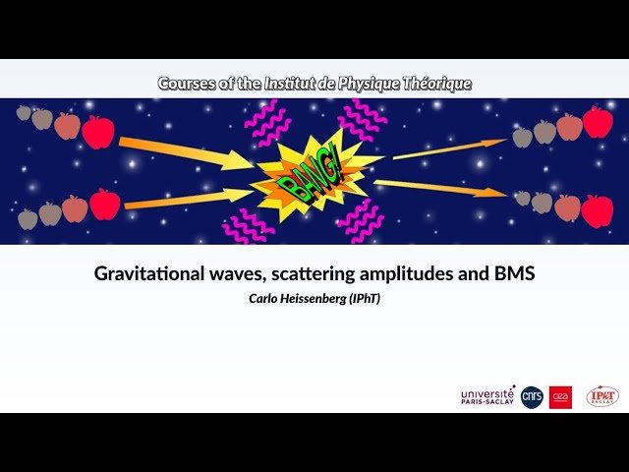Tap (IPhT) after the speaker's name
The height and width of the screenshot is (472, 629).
point(363,297)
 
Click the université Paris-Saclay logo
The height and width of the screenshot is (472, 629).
point(487,395)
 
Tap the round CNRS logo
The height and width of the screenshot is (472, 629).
point(532,396)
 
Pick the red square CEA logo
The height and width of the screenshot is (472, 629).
point(561,396)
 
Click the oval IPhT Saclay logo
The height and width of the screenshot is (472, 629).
point(602,396)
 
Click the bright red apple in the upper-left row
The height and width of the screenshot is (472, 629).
point(97,132)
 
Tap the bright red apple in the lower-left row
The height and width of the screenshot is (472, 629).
point(105,205)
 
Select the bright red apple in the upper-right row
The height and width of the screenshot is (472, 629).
point(598,122)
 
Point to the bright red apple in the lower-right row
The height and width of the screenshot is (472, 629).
point(597,210)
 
